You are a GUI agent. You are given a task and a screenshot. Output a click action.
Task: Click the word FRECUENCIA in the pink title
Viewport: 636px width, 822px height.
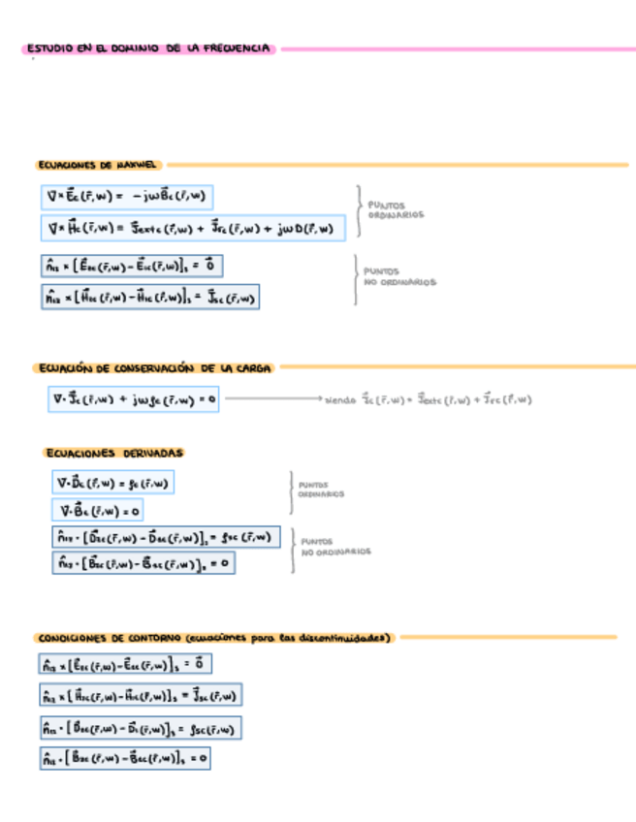pos(238,48)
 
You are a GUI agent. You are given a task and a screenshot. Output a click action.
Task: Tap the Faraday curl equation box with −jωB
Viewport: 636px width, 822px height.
pos(126,196)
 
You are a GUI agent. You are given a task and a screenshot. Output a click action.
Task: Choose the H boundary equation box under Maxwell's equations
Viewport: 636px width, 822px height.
pos(149,297)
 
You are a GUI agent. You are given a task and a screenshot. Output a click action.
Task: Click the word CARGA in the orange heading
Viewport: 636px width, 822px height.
pos(251,368)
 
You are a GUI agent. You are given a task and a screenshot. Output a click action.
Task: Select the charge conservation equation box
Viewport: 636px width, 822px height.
pos(135,398)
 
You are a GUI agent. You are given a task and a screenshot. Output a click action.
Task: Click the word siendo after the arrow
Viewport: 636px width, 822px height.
pos(341,399)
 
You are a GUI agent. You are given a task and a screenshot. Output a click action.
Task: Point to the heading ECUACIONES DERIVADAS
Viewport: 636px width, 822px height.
pos(114,453)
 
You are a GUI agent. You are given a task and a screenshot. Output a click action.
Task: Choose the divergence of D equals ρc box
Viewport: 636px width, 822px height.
pos(115,482)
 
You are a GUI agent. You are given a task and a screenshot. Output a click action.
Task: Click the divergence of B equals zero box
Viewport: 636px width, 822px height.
pos(100,510)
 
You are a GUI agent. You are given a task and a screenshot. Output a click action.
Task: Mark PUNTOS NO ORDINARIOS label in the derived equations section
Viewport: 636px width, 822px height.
pos(334,547)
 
